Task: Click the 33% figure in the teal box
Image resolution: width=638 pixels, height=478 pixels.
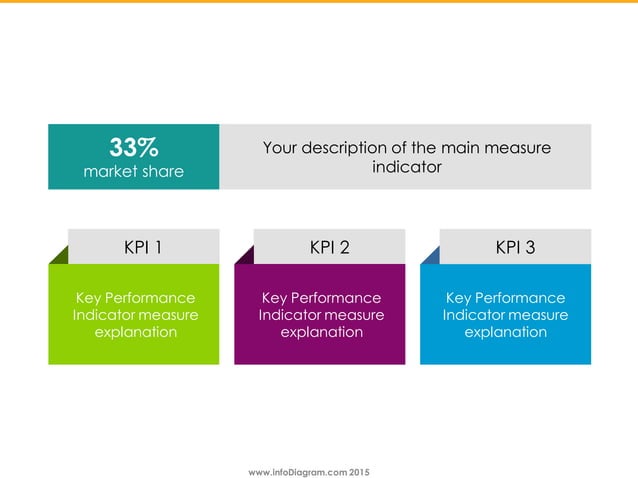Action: [x=134, y=148]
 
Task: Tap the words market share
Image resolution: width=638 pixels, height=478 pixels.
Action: [x=134, y=171]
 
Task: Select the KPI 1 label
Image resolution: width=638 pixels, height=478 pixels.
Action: [x=143, y=247]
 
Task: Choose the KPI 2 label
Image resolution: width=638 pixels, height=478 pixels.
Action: [x=329, y=247]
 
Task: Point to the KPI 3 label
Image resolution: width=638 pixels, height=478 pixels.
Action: [x=515, y=247]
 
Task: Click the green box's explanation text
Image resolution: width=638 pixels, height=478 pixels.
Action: [x=136, y=314]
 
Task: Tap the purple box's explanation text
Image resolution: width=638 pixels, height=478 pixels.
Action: [x=321, y=314]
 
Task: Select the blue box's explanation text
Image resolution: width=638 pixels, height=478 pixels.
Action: [x=506, y=314]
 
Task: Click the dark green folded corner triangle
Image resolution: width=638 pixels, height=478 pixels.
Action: [x=59, y=256]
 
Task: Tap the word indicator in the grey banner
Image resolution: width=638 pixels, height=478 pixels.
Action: [x=406, y=167]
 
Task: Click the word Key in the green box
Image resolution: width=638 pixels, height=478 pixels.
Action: [x=89, y=298]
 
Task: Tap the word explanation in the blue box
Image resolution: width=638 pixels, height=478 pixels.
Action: [x=506, y=331]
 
